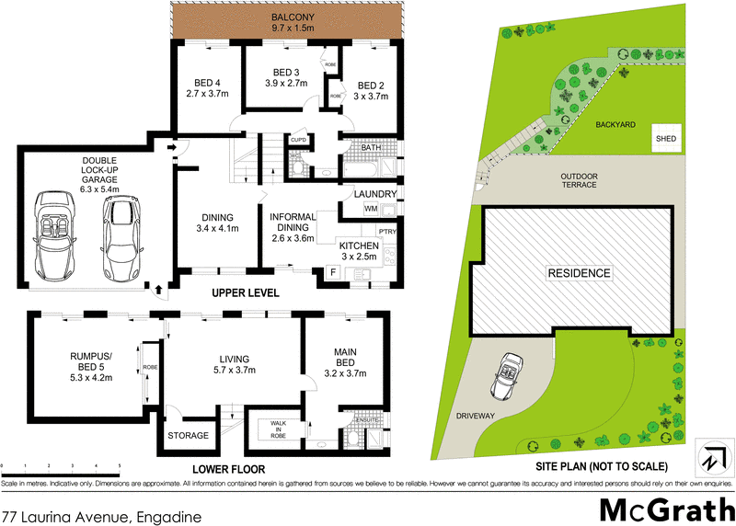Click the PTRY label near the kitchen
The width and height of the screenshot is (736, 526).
coord(385,233)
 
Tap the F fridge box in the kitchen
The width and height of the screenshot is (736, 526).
coord(331,273)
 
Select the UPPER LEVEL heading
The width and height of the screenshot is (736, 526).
coord(245,293)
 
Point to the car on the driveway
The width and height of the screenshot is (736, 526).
coord(507,374)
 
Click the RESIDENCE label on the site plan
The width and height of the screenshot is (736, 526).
coord(579,273)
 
